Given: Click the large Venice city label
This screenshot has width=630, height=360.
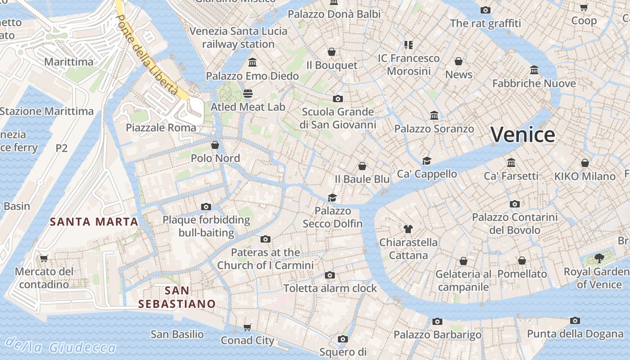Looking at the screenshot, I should pos(522,135).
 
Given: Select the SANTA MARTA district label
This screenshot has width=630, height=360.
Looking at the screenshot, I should pos(94,222).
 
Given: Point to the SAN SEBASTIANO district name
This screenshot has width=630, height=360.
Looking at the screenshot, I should pos(177,297).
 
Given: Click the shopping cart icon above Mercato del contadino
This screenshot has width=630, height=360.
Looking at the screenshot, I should pos(44,258).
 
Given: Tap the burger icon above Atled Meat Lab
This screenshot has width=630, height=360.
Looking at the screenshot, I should pos(248,94).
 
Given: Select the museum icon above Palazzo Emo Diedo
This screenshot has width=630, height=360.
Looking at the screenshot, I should pos(252,62).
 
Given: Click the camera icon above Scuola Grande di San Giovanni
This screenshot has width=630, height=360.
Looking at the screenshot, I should pos(338,99).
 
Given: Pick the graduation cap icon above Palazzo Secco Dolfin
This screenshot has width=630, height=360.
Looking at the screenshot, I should pos(332,198).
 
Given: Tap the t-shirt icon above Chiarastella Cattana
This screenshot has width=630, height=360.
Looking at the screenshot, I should pos(408,229).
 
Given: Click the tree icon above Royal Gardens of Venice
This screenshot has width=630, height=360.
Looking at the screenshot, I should pos(599,258).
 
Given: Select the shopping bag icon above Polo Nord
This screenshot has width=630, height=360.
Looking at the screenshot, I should pos(215,145).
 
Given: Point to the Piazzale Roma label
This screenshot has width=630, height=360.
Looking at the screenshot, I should pos(161,128).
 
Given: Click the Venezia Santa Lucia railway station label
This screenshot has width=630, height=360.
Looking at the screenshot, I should pos(238,38).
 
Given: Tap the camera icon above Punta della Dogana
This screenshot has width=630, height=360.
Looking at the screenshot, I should pos(575,320).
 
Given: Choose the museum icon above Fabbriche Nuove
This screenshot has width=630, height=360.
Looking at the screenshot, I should pos(534,70).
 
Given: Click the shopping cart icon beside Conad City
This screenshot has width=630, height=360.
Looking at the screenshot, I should pos(247,327).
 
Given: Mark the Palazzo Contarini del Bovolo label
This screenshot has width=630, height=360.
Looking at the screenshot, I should pos(515,224).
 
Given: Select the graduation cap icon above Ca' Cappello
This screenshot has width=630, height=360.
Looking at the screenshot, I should pos(427,161).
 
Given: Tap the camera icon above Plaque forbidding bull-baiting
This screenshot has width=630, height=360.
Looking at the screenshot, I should pos(206,207).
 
